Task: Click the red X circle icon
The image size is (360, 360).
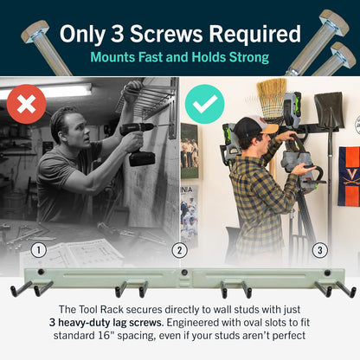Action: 26,104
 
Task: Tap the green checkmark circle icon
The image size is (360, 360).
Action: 204,104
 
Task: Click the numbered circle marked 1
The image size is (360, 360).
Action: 39,250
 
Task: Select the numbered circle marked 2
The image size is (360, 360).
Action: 179,250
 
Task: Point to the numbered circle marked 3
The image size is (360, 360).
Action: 320,250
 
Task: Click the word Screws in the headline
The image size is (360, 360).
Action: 166,34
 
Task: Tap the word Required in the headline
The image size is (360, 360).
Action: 254,35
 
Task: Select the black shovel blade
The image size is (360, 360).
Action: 329,109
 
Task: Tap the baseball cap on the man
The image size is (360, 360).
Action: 254,126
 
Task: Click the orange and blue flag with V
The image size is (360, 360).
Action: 349,176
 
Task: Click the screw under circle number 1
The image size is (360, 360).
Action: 42,272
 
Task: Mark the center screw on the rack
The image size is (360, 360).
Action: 183,272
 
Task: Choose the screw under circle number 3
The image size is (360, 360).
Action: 327,273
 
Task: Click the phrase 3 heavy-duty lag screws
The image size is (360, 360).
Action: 106,322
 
